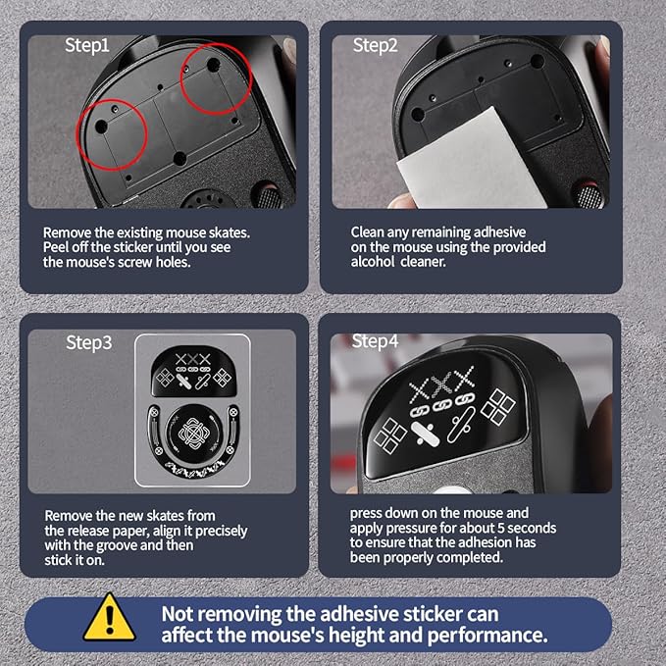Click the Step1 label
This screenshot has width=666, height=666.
click(x=87, y=46)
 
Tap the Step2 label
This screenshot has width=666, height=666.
click(x=375, y=45)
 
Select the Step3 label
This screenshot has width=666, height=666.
click(x=89, y=342)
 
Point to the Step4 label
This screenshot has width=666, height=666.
click(x=375, y=341)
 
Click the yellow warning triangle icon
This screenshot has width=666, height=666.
click(x=110, y=618)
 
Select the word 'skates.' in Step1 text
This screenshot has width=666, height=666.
click(x=230, y=232)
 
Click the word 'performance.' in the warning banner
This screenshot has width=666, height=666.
click(x=487, y=636)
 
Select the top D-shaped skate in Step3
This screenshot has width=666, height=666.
click(x=193, y=371)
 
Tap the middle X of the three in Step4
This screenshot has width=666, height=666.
click(x=442, y=385)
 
